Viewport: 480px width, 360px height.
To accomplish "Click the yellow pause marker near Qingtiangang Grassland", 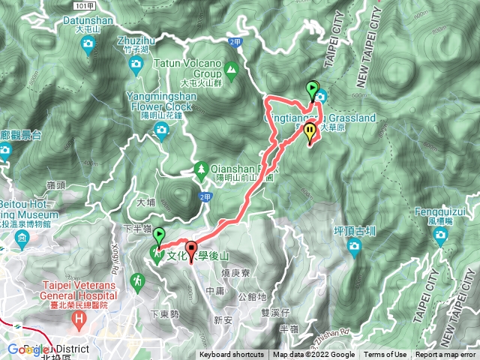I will [310, 131].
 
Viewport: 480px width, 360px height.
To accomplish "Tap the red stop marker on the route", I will [190, 250].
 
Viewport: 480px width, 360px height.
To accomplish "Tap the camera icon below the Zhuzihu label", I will [135, 64].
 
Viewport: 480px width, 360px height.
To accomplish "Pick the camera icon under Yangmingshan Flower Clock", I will [160, 132].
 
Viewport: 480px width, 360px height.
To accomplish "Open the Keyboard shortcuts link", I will [231, 355].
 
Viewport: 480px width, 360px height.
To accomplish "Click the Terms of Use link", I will [385, 355].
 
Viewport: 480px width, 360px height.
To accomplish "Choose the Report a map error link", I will [445, 355].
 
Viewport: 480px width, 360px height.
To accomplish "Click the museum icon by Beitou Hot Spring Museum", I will [22, 241].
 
